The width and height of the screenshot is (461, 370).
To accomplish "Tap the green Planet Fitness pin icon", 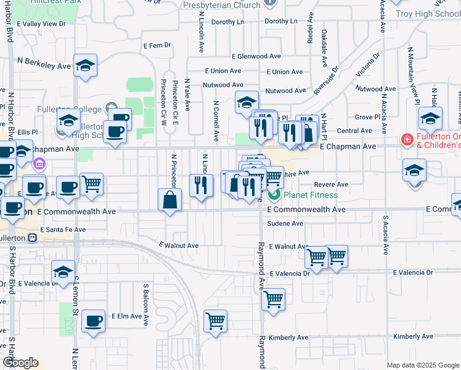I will tap(274, 195).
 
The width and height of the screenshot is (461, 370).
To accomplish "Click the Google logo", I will tap(20, 363).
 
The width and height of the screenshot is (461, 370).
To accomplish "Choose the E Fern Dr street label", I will tap(157, 46).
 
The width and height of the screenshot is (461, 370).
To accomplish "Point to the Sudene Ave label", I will tap(285, 224).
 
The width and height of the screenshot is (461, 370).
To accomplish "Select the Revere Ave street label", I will tap(331, 184).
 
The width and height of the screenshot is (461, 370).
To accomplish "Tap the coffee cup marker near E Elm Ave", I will tap(94, 321).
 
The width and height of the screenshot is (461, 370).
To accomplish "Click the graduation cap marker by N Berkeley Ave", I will tap(84, 66).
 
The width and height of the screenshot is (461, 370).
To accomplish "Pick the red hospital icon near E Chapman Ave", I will tap(407, 140).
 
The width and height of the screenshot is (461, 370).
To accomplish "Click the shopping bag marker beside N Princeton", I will tap(170, 200).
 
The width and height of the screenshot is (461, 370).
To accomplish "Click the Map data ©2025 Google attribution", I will tap(423, 365).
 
